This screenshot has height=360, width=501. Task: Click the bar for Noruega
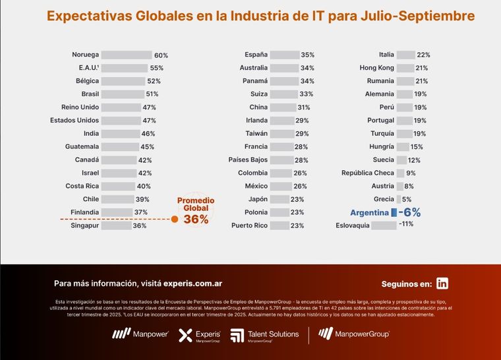[127, 55]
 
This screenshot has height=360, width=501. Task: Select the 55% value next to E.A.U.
[157, 68]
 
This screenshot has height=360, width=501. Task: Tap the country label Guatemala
[82, 146]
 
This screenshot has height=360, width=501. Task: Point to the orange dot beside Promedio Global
[175, 219]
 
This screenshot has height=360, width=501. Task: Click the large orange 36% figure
[196, 220]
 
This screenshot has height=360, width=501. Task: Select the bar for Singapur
[115, 225]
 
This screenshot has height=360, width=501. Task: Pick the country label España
[256, 55]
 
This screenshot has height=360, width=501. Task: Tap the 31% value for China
[303, 107]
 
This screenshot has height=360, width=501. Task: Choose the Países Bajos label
[247, 160]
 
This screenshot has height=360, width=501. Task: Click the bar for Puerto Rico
[279, 225]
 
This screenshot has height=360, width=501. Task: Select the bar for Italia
[405, 55]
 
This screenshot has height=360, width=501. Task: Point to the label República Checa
[367, 173]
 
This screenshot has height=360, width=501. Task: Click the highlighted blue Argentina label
[369, 212]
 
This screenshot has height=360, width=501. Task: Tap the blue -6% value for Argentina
[409, 212]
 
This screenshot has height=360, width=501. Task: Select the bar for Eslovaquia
[384, 225]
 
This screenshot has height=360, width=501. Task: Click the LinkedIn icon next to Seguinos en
[442, 284]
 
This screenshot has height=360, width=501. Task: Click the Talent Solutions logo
[265, 335]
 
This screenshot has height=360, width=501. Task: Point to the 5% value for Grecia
[407, 199]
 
